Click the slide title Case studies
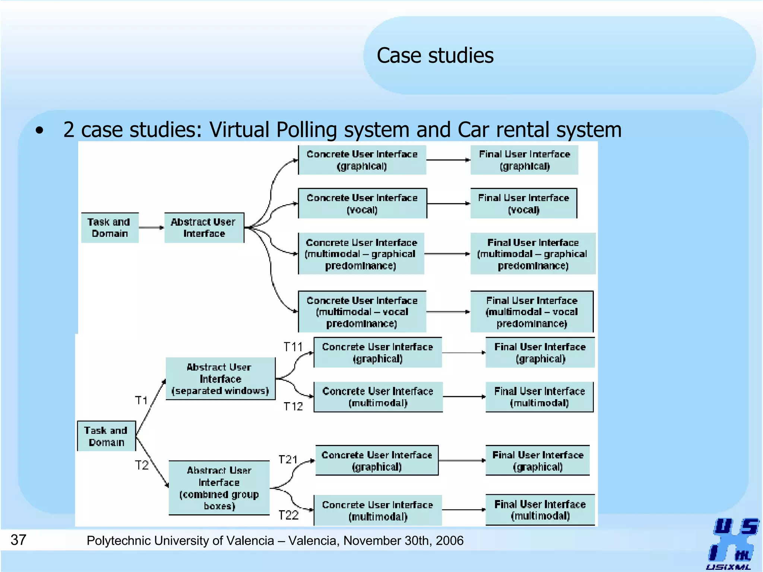435,56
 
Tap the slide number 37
18,540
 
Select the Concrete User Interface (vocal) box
362,203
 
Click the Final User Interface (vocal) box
523,203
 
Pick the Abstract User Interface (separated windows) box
220,379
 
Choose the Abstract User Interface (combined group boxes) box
219,488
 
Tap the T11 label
293,347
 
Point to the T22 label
288,515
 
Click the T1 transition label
141,400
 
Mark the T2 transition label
142,465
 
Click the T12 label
293,406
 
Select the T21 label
288,460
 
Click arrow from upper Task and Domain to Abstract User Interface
151,228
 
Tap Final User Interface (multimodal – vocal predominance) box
532,312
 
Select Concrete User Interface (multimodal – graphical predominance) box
361,254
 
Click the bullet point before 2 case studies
39,131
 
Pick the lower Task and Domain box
106,436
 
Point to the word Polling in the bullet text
307,130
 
